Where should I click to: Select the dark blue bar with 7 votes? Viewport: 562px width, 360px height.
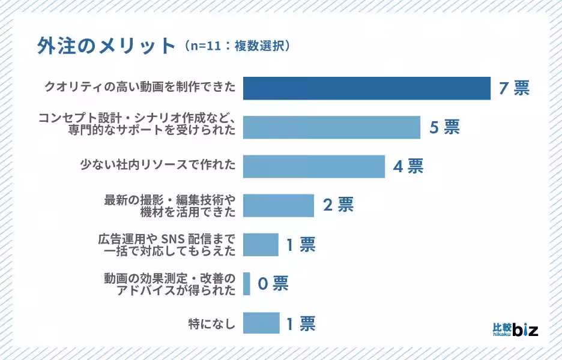[x=366, y=88]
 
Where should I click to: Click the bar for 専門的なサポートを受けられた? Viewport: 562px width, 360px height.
[x=331, y=127]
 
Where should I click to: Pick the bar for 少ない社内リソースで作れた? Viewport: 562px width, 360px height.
[x=313, y=166]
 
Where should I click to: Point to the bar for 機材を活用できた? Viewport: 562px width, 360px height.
[x=278, y=205]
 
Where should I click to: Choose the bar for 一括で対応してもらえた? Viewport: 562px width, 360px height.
[x=261, y=244]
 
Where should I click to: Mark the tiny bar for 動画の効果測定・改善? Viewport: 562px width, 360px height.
[x=247, y=283]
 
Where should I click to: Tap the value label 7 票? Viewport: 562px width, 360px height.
[x=515, y=88]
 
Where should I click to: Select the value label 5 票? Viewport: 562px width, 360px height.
[x=444, y=127]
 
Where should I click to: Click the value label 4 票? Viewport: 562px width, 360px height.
[x=408, y=166]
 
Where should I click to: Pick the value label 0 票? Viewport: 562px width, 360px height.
[x=273, y=283]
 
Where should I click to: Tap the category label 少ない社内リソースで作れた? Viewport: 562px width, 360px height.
[x=158, y=163]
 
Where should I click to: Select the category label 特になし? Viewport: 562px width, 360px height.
[x=212, y=325]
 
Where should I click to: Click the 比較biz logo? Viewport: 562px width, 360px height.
[x=515, y=329]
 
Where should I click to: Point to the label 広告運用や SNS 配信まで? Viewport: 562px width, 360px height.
[x=166, y=238]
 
